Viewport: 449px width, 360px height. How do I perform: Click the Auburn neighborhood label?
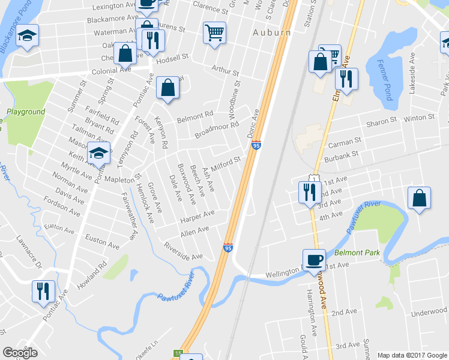pyautogui.click(x=271, y=32)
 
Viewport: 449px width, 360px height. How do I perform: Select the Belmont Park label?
pyautogui.click(x=358, y=253)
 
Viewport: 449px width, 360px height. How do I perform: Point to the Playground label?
pyautogui.click(x=26, y=112)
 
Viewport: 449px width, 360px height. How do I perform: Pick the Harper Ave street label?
pyautogui.click(x=197, y=217)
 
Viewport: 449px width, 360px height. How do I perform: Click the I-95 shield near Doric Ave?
pyautogui.click(x=256, y=146)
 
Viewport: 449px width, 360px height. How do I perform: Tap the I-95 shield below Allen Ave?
pyautogui.click(x=228, y=247)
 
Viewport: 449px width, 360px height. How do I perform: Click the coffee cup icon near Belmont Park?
pyautogui.click(x=314, y=259)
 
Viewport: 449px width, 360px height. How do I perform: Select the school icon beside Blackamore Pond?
pyautogui.click(x=27, y=35)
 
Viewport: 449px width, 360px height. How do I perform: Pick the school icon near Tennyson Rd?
pyautogui.click(x=98, y=154)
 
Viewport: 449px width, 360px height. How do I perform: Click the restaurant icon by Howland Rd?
pyautogui.click(x=43, y=290)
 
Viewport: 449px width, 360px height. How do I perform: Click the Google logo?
pyautogui.click(x=20, y=353)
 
